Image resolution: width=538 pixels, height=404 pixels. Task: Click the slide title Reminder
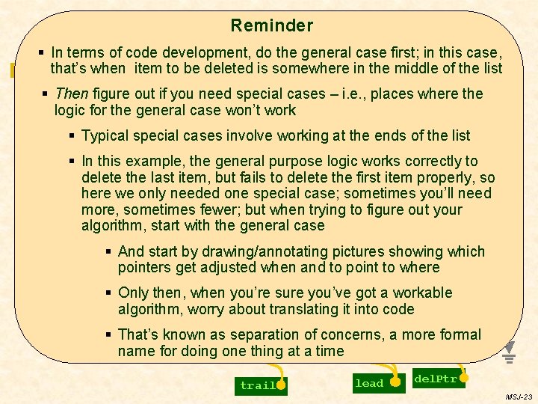click(271, 25)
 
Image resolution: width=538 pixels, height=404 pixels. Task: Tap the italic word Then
click(71, 94)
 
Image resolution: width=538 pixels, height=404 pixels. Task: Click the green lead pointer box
click(369, 383)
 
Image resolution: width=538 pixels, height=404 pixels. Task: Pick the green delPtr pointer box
click(436, 379)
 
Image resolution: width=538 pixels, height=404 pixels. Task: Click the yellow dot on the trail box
click(281, 385)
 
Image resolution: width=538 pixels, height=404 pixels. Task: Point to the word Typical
click(105, 135)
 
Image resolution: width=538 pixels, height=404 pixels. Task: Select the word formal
click(462, 334)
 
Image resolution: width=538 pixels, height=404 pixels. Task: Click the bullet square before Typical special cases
click(72, 135)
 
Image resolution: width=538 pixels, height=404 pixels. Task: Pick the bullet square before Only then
click(109, 293)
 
